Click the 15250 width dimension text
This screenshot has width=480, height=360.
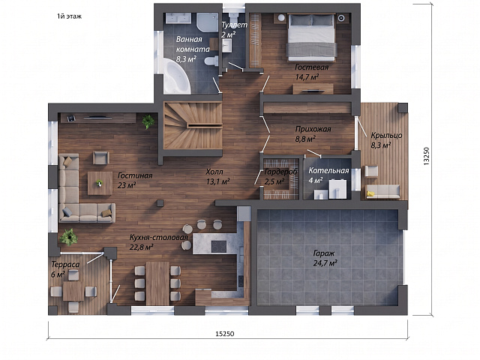point(225,334)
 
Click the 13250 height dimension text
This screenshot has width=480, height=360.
point(427,157)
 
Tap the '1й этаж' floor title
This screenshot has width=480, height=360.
point(69,16)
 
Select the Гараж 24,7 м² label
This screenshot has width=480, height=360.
point(325,258)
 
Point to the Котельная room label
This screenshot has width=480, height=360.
point(328,171)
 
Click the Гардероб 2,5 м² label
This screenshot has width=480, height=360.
point(280,177)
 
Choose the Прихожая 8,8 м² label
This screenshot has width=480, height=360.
point(313,133)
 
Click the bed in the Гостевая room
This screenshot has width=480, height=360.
point(312,37)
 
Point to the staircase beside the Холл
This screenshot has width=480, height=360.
point(193,125)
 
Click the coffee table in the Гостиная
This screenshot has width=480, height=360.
point(100,183)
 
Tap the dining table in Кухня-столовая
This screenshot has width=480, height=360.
point(157,283)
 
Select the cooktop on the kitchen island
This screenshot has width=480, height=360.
point(219,247)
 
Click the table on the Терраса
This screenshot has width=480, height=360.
point(73,291)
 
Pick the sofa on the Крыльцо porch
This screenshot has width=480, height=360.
point(383,192)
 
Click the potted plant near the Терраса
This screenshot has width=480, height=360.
point(68,237)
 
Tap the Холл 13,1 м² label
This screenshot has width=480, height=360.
point(218,177)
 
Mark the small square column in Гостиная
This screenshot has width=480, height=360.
point(160,202)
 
